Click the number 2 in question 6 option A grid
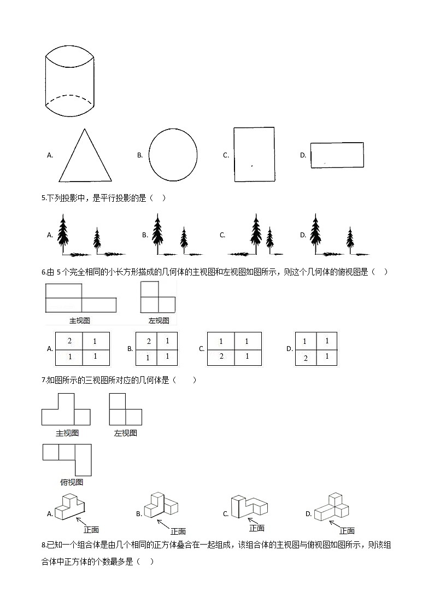[69, 341]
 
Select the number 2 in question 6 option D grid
[306, 358]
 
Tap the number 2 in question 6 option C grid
[221, 356]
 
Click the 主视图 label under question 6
[80, 321]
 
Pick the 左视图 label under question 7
[126, 433]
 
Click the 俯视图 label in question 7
[72, 482]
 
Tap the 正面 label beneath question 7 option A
[91, 530]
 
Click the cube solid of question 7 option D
[332, 507]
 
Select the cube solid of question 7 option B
[161, 506]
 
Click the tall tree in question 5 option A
[63, 234]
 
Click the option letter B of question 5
[145, 235]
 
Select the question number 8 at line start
[43, 545]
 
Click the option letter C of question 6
[202, 348]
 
